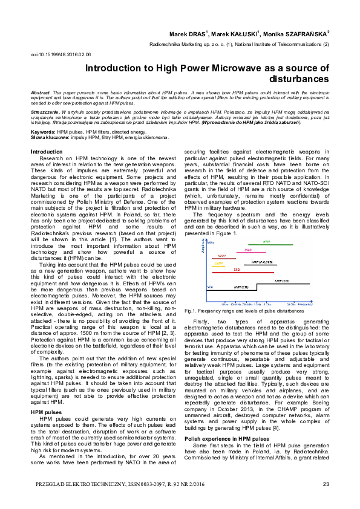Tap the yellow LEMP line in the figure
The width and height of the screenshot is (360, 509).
coord(219,267)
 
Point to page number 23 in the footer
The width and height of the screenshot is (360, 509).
coord(326,484)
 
